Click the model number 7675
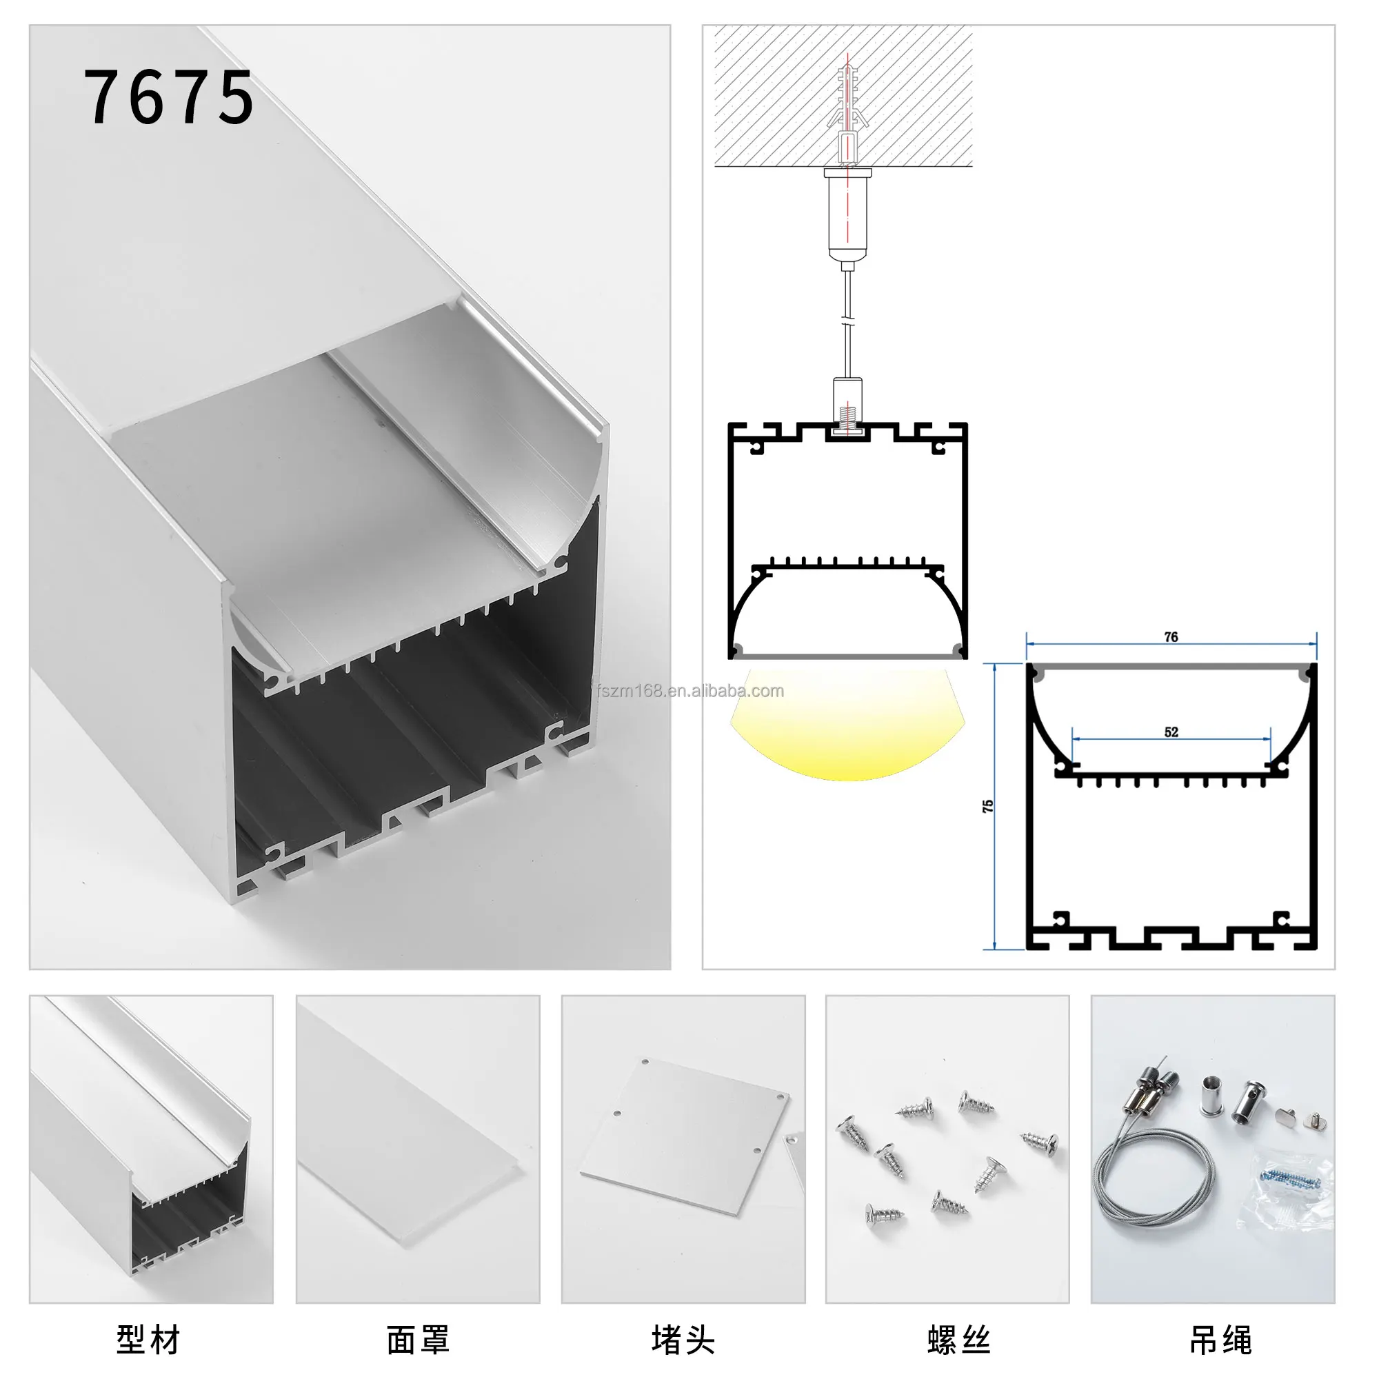(x=168, y=98)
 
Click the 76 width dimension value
(x=1171, y=636)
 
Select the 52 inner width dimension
(x=1171, y=732)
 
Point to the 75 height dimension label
(x=988, y=806)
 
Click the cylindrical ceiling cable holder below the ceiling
(x=847, y=214)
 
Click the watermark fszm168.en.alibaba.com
(x=689, y=691)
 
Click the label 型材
(x=148, y=1340)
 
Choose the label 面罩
(x=419, y=1340)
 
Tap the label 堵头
(x=683, y=1340)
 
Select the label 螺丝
(x=958, y=1340)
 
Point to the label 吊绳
(x=1220, y=1340)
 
